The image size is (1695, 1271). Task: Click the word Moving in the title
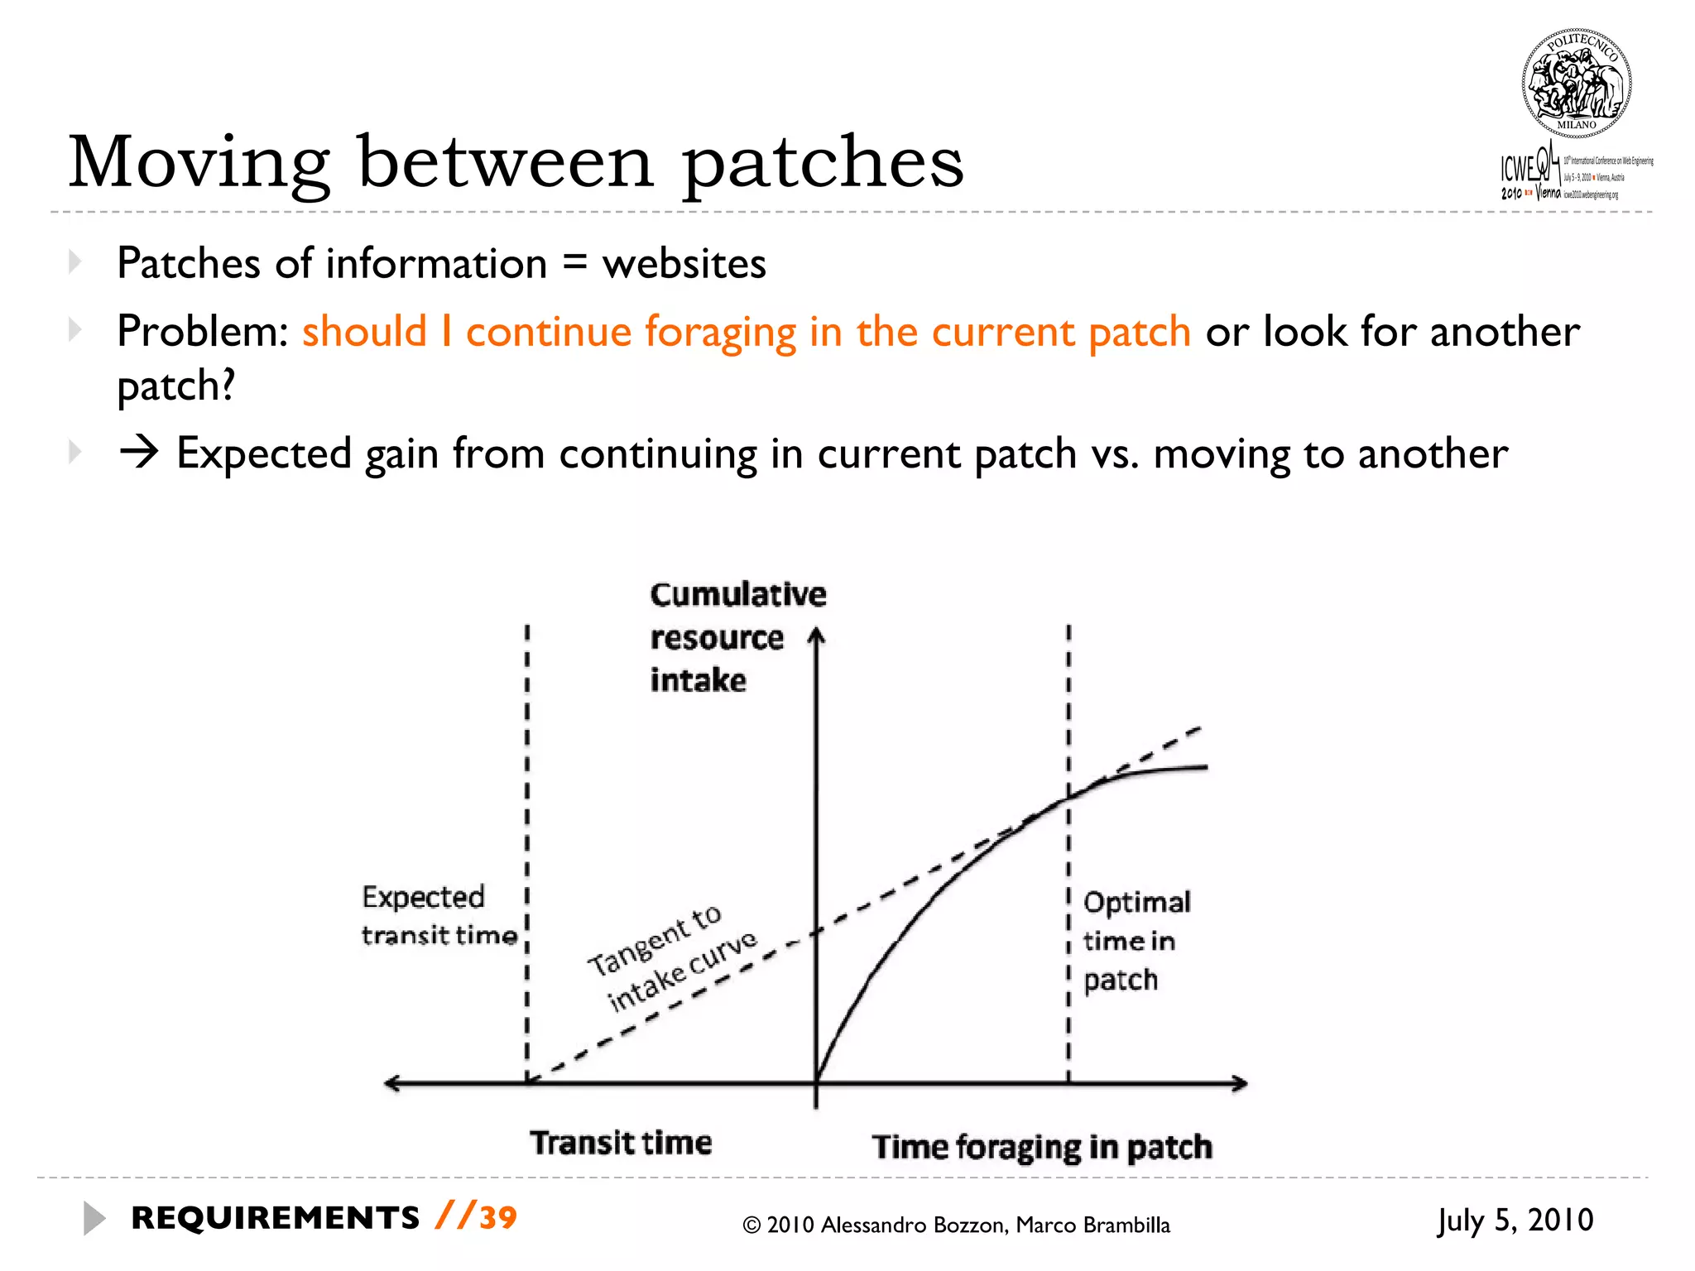(199, 163)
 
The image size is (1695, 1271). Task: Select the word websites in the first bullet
(684, 265)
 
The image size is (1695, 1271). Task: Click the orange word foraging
(720, 333)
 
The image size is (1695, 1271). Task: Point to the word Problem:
(203, 333)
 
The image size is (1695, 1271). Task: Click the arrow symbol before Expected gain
(138, 453)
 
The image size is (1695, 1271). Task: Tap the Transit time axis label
(621, 1143)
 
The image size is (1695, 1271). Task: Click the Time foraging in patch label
(1041, 1147)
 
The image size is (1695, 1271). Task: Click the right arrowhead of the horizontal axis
(1240, 1083)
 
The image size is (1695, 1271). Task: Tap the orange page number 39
(498, 1218)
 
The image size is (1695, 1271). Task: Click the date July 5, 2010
(1515, 1221)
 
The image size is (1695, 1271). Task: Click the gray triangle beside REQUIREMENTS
(94, 1218)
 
